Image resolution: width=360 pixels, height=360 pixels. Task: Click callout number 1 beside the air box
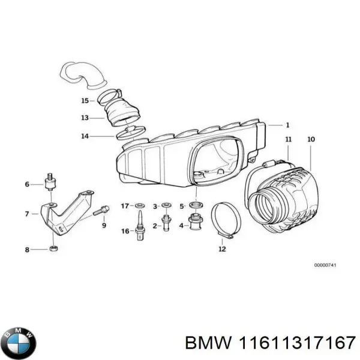coord(287,125)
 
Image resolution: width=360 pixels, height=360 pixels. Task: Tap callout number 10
coord(311,140)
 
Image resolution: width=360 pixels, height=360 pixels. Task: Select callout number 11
coord(289,140)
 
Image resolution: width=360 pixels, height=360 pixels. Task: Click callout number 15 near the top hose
coord(85,100)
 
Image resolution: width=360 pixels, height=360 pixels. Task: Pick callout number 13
coord(85,118)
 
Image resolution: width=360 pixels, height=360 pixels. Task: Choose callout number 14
coord(85,136)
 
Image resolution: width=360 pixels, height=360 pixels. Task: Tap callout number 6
coord(27,184)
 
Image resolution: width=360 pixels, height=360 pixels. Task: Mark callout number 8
coord(27,249)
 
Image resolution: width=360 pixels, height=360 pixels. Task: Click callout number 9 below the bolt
coord(104,226)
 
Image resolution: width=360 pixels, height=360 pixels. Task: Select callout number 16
coord(125,231)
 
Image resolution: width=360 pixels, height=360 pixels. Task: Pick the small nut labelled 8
coord(53,248)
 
